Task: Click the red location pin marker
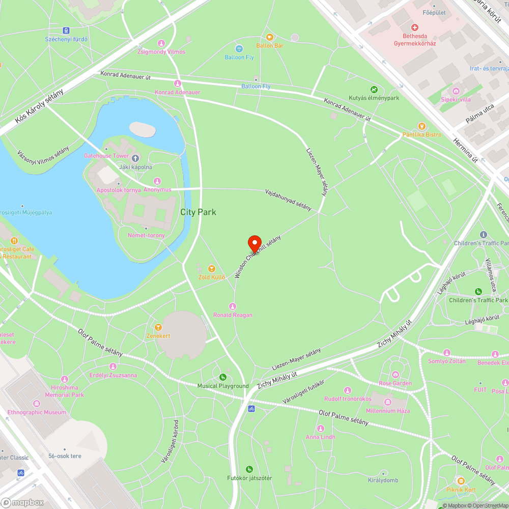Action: click(x=254, y=242)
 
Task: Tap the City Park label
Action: click(x=199, y=212)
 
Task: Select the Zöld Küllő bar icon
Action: click(x=211, y=268)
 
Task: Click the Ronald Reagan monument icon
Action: click(x=233, y=306)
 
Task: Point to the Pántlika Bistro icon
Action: click(x=421, y=126)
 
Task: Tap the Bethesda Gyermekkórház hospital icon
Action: click(x=414, y=27)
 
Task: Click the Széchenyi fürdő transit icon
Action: click(x=66, y=31)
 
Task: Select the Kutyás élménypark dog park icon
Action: click(x=374, y=89)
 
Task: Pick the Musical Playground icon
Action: click(x=223, y=377)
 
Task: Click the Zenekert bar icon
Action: click(x=158, y=327)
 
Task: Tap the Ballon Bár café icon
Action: click(x=270, y=37)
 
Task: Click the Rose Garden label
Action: click(x=395, y=383)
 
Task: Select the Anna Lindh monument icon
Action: click(x=320, y=429)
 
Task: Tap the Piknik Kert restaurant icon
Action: click(x=460, y=481)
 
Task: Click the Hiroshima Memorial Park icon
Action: click(x=64, y=379)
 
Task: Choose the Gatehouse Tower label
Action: click(x=106, y=156)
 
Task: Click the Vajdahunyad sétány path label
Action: click(x=288, y=200)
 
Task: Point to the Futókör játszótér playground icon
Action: click(x=249, y=469)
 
